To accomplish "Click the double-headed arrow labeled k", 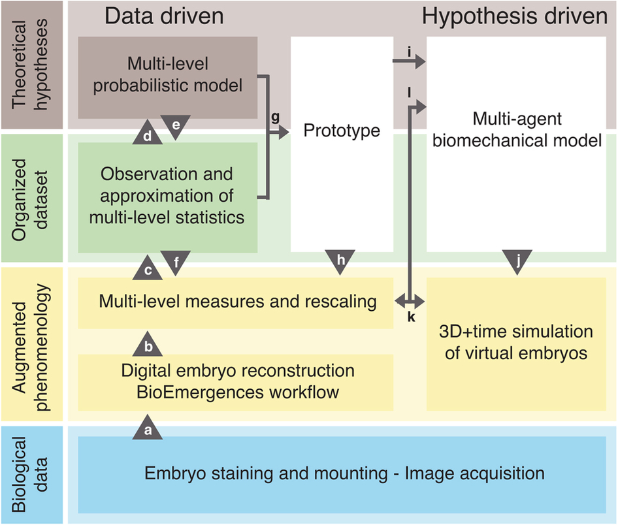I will point(411,302).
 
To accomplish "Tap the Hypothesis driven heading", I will point(515,17).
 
